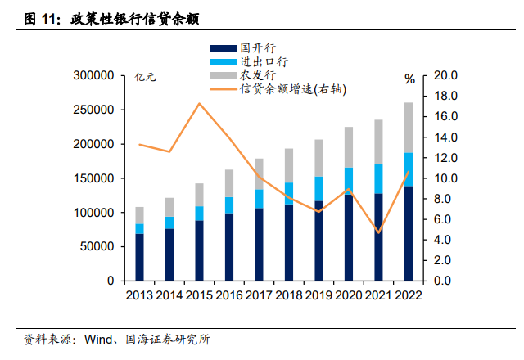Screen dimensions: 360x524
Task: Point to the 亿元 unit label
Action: coord(146,78)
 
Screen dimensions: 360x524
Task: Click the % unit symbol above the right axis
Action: coord(409,79)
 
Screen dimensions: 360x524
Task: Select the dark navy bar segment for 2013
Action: coord(140,257)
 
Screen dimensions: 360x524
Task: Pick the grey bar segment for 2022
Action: coord(408,128)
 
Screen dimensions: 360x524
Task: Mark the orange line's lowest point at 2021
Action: coord(378,232)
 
